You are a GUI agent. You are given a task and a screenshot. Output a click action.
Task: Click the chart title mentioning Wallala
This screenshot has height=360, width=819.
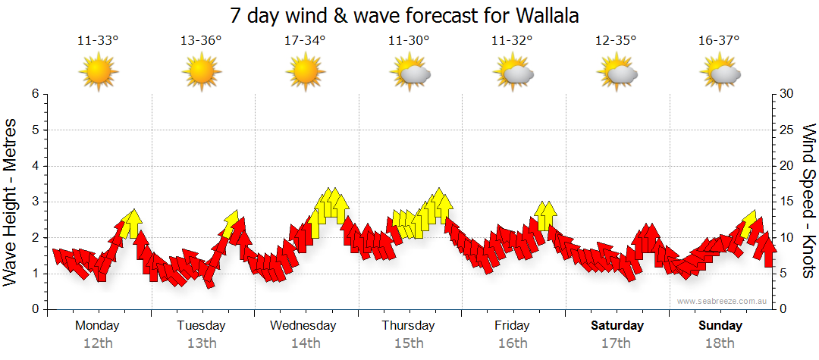pyautogui.click(x=409, y=15)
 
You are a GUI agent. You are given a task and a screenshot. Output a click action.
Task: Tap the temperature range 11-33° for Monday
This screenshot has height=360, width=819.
pyautogui.click(x=99, y=40)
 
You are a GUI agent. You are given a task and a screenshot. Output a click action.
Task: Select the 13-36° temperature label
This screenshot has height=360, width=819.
pyautogui.click(x=201, y=40)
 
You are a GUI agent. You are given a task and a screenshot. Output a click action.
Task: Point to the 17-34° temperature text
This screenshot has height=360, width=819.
pyautogui.click(x=305, y=40)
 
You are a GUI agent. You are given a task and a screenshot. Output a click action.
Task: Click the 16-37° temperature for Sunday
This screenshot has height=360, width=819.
pyautogui.click(x=720, y=40)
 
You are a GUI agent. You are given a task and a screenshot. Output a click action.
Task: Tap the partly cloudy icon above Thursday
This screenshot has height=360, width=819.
pyautogui.click(x=409, y=73)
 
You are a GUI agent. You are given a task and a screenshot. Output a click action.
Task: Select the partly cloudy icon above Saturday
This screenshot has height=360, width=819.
pyautogui.click(x=617, y=73)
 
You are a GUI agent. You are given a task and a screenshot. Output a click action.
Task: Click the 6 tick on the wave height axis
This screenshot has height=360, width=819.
pyautogui.click(x=35, y=94)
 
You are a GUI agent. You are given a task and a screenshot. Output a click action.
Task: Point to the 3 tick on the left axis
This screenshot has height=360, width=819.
pyautogui.click(x=35, y=202)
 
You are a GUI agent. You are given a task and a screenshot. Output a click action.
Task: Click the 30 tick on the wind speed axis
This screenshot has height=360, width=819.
pyautogui.click(x=787, y=94)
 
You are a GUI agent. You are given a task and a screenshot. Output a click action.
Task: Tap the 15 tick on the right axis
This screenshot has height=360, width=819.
pyautogui.click(x=787, y=202)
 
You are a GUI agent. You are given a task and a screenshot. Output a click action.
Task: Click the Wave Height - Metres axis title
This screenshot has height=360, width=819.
pyautogui.click(x=11, y=202)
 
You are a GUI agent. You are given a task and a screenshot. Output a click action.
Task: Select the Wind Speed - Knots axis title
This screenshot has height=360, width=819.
pyautogui.click(x=808, y=202)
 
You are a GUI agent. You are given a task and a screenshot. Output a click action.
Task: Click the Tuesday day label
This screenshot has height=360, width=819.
pyautogui.click(x=201, y=326)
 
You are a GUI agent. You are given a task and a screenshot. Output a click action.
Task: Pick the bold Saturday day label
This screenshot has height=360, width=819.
pyautogui.click(x=617, y=326)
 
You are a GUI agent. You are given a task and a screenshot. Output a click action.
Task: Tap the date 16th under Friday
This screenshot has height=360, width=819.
pyautogui.click(x=513, y=343)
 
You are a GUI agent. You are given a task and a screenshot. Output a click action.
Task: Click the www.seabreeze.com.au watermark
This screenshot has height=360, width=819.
pyautogui.click(x=723, y=301)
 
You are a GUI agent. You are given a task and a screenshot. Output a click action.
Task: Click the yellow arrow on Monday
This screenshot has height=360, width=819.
pyautogui.click(x=132, y=222)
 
